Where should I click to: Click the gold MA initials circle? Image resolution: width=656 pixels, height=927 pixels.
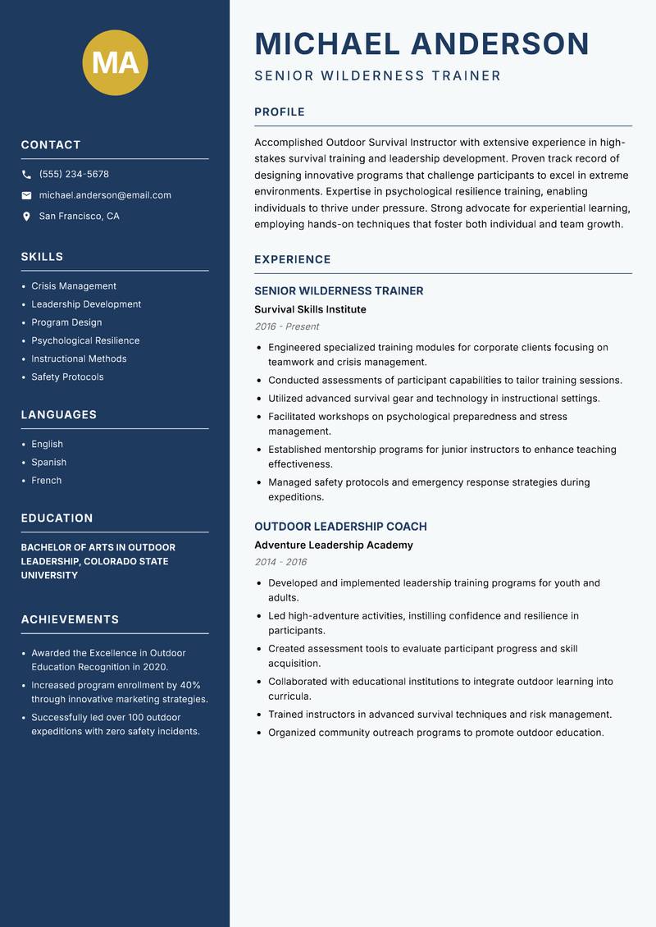coord(115,62)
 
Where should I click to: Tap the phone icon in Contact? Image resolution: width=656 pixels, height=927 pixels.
coord(26,175)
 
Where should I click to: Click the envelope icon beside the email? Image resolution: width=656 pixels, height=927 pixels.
coord(26,195)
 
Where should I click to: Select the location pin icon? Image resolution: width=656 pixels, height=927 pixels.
coord(26,217)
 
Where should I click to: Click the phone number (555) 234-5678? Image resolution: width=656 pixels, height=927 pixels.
coord(74,175)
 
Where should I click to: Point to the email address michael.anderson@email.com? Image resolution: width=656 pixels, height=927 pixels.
coord(105,195)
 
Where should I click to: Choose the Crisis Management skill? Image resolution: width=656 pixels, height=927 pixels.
coord(74,286)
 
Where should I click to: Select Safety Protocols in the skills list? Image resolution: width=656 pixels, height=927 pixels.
coord(67,377)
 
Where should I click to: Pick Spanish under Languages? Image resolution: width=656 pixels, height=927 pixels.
coord(49,463)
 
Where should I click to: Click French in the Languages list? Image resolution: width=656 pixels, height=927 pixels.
coord(47,481)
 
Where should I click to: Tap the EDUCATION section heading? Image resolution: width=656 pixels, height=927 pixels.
coord(57,518)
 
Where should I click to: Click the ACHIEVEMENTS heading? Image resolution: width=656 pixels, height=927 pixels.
coord(70,619)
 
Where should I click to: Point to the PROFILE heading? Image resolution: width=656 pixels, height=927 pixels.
coord(280,112)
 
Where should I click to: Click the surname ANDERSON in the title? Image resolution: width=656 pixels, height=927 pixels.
coord(499,43)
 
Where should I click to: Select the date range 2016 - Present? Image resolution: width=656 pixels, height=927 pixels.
coord(287,327)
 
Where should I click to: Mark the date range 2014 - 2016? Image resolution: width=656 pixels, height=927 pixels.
coord(280,562)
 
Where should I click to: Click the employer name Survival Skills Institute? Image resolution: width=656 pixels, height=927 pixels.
coord(310,309)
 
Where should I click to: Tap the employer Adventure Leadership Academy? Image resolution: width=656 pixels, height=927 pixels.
coord(334,545)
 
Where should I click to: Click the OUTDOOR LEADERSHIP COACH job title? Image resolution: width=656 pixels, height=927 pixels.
coord(340,527)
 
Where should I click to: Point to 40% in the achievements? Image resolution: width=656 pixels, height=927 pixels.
coord(190,685)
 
